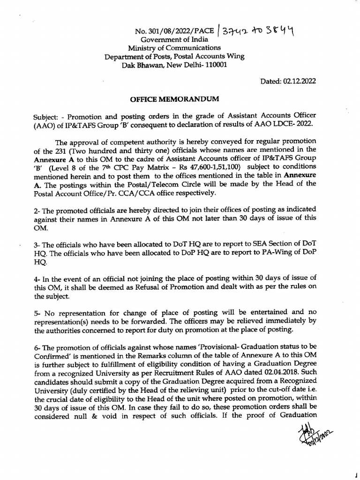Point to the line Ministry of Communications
(x=174, y=48)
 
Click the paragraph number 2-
(x=37, y=209)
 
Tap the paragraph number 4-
(x=37, y=279)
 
